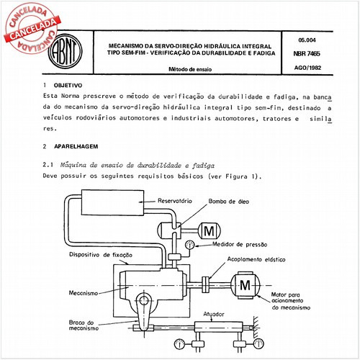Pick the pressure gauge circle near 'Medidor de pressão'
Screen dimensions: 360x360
[189, 245]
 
